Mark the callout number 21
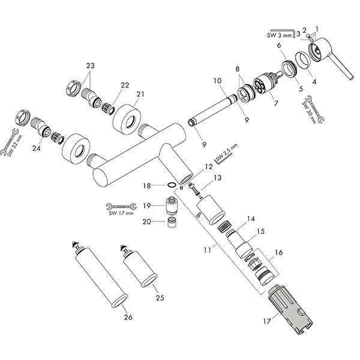[141, 94]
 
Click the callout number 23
[90, 66]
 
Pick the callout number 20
[147, 222]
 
